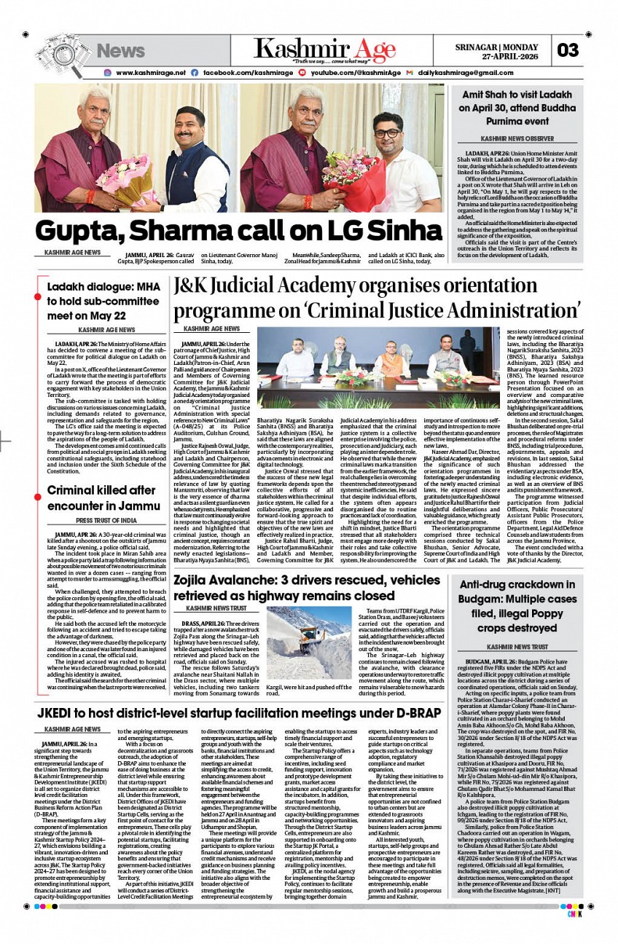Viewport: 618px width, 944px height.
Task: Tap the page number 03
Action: [x=567, y=50]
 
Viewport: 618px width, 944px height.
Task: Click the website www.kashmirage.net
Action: [x=150, y=73]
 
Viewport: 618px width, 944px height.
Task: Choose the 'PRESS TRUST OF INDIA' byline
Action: [x=106, y=521]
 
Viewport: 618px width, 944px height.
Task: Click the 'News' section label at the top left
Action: [x=121, y=50]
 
